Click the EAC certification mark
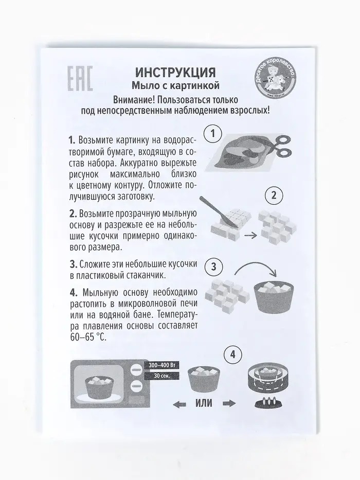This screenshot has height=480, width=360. [80, 79]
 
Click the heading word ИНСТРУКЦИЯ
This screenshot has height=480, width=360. [175, 73]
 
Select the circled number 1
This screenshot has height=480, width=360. [213, 134]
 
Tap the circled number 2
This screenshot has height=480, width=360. [274, 195]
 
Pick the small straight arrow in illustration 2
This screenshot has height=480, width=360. [251, 236]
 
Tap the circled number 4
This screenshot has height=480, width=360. [233, 355]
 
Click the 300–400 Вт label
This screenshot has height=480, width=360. [162, 365]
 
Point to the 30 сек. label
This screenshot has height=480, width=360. [162, 376]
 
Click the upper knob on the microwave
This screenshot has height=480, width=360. [135, 369]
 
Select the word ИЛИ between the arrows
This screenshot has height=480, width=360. [204, 403]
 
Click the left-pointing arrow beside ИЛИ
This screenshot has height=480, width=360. [179, 404]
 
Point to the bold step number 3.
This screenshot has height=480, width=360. [74, 264]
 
